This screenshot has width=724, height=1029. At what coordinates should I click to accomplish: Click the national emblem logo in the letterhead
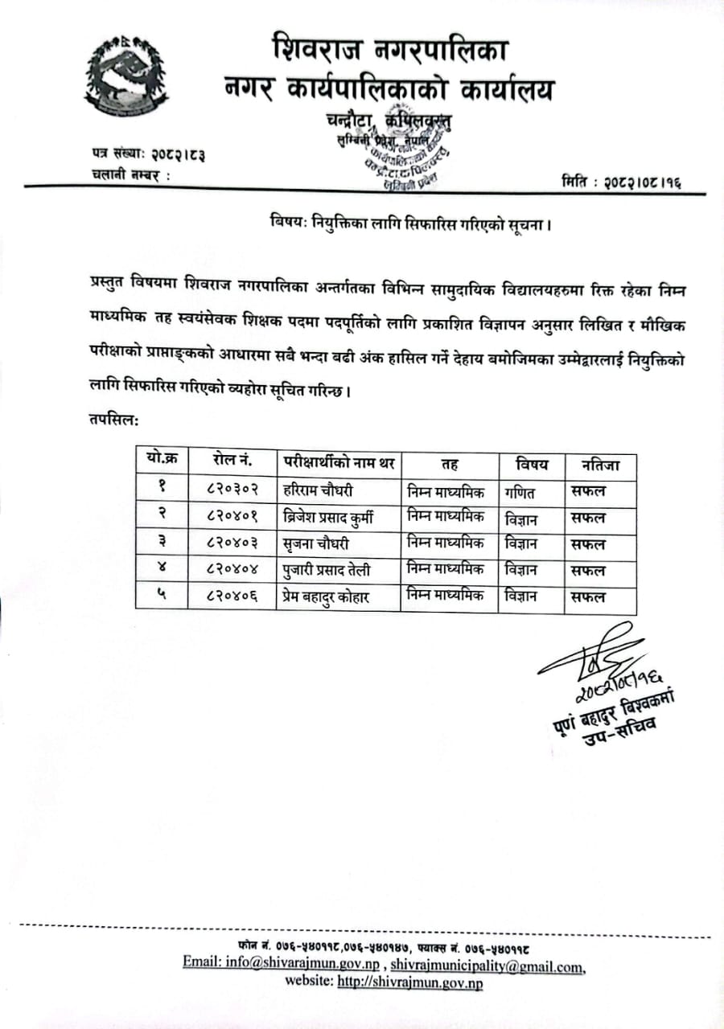coord(118,78)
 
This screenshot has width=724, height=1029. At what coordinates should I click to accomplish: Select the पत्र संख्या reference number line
coord(148,152)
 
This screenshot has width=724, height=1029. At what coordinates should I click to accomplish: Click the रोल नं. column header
coord(232,461)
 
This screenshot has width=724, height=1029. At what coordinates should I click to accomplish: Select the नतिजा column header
coord(595,464)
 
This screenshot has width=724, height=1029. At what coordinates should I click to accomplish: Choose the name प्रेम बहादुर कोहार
coord(331,596)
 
